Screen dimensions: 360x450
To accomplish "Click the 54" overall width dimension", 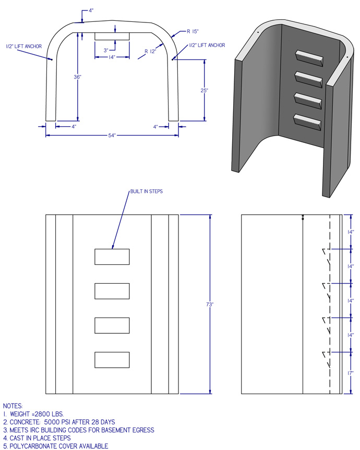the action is pyautogui.click(x=112, y=135).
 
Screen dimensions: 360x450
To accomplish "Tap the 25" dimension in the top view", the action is pyautogui.click(x=205, y=90).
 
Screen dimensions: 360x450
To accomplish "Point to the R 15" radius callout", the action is pyautogui.click(x=193, y=31).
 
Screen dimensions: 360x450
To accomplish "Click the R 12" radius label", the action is pyautogui.click(x=150, y=52).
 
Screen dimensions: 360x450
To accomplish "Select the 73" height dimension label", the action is pyautogui.click(x=210, y=304).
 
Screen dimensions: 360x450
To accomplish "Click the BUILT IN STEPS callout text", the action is pyautogui.click(x=147, y=191).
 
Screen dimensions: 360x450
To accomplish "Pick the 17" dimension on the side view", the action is pyautogui.click(x=351, y=373).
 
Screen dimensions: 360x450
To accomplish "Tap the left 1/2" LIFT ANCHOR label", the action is pyautogui.click(x=24, y=46).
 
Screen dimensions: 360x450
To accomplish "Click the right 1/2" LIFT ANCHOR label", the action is pyautogui.click(x=207, y=45).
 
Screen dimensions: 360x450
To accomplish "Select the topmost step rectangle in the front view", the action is pyautogui.click(x=112, y=257).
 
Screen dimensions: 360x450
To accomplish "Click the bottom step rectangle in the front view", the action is pyautogui.click(x=112, y=360).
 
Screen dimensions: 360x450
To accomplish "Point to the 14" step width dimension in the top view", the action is pyautogui.click(x=112, y=57).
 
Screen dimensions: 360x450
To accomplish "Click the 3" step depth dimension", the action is pyautogui.click(x=106, y=51).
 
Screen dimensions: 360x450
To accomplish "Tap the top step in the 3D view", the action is pyautogui.click(x=309, y=58).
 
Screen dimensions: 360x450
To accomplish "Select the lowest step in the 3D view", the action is pyautogui.click(x=307, y=122).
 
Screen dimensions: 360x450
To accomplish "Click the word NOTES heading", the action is pyautogui.click(x=13, y=406).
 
